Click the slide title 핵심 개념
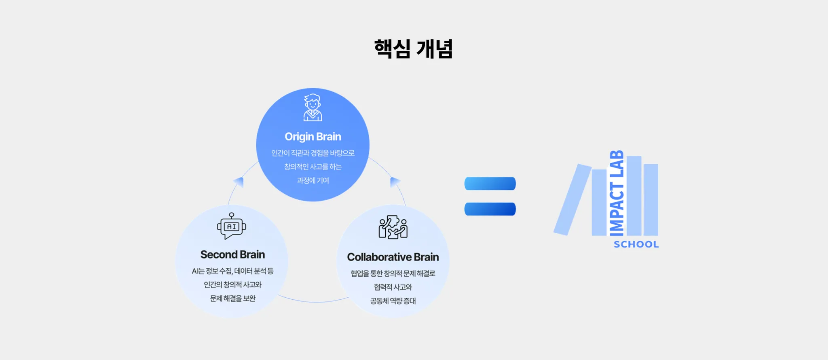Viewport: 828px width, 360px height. point(413,49)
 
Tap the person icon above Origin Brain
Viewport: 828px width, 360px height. point(313,108)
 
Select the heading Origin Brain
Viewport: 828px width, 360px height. point(313,137)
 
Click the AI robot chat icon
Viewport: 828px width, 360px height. point(232,226)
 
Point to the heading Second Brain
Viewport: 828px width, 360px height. point(232,254)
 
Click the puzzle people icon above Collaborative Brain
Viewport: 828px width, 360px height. point(393,227)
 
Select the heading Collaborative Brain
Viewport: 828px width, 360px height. point(393,257)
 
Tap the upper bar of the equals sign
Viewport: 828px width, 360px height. point(490,184)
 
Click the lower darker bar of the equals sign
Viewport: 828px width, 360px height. point(490,209)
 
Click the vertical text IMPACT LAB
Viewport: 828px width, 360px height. point(617,193)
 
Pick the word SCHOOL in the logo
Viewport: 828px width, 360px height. point(636,244)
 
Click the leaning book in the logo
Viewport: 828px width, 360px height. point(572,199)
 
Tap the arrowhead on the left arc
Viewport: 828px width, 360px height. point(239,182)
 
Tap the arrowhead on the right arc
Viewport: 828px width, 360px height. point(395,182)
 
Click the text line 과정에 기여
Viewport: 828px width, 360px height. point(313,180)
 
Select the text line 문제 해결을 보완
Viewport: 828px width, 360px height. point(232,299)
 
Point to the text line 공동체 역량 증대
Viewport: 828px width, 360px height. point(393,301)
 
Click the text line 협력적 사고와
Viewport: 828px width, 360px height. point(393,287)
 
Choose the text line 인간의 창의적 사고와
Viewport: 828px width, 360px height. point(232,285)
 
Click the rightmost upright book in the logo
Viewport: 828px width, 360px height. point(651,200)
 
